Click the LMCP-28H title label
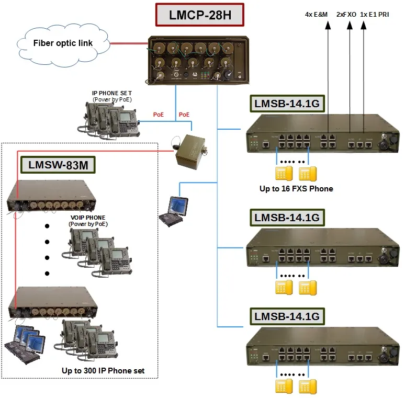pyautogui.click(x=200, y=15)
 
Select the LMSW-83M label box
pyautogui.click(x=58, y=166)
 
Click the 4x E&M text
pyautogui.click(x=316, y=15)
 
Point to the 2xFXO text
pyautogui.click(x=346, y=15)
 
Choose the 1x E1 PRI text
pyautogui.click(x=375, y=15)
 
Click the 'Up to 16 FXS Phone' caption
pyautogui.click(x=296, y=188)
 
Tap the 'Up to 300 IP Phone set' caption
pyautogui.click(x=103, y=371)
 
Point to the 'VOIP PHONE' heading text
pyautogui.click(x=87, y=218)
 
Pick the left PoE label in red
pyautogui.click(x=159, y=114)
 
